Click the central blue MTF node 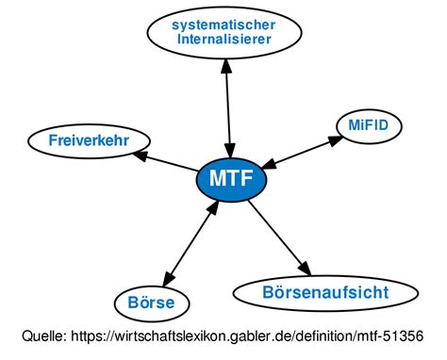click(230, 178)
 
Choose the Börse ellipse click(157, 303)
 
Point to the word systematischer click(223, 25)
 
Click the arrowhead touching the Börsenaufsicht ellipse click(303, 267)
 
